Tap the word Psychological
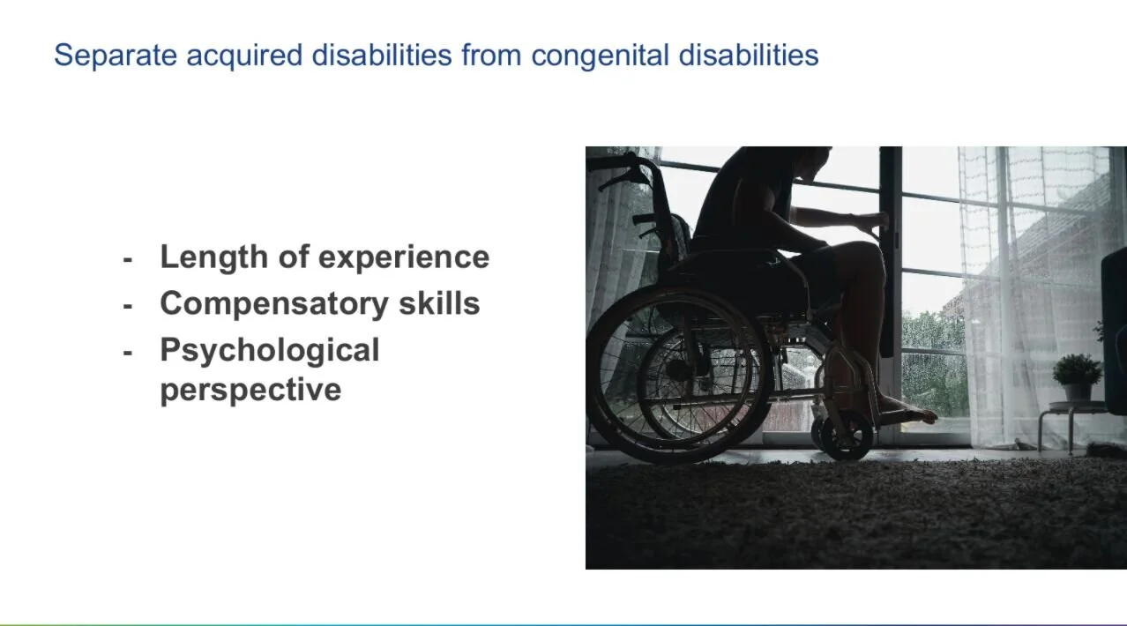click(269, 350)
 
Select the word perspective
click(250, 389)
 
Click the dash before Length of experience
click(128, 258)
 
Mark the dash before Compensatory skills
click(128, 305)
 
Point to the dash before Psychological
click(128, 352)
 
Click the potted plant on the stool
click(1077, 375)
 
